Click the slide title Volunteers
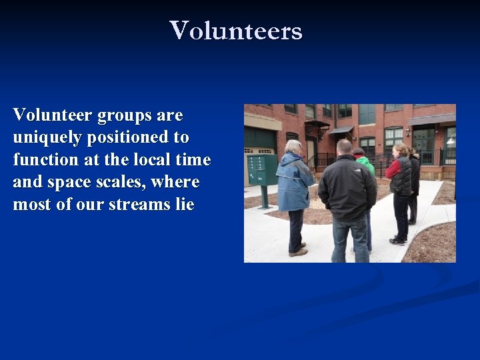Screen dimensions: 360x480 pos(236,31)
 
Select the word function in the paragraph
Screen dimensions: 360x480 pos(43,160)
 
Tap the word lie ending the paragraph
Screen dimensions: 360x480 pos(185,204)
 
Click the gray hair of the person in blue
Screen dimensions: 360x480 pos(293,147)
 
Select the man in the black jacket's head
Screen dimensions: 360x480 pos(344,147)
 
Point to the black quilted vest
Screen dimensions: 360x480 pos(402,177)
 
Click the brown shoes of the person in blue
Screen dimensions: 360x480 pos(298,251)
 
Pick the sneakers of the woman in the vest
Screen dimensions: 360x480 pos(397,241)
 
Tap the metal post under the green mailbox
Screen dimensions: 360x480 pos(264,197)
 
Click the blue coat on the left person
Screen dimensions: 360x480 pos(293,183)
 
